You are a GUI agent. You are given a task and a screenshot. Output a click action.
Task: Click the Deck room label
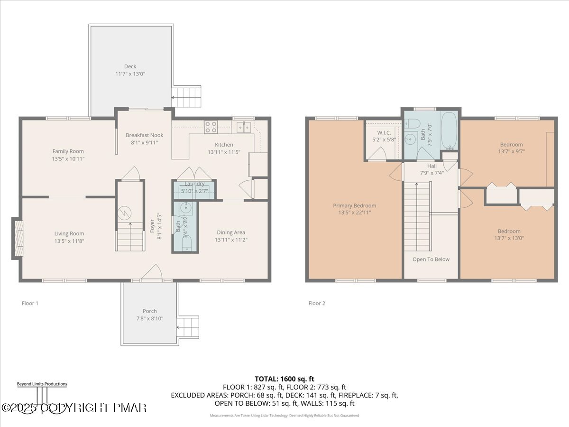[130, 66]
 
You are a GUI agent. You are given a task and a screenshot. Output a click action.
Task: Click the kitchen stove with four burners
[211, 127]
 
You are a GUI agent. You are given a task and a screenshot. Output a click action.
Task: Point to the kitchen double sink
[244, 127]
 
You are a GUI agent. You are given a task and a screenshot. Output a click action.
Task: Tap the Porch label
[150, 311]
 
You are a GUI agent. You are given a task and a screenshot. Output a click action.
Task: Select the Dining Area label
[231, 232]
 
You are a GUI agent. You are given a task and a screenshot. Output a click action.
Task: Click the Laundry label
[194, 184]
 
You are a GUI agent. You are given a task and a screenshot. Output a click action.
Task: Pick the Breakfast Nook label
[144, 135]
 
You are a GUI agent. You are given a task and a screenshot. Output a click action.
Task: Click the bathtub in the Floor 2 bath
[449, 130]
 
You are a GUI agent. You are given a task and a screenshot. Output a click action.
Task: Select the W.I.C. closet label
[384, 132]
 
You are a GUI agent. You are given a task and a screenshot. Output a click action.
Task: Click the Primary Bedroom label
[354, 205]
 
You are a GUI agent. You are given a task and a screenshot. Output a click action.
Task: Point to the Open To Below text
[431, 259]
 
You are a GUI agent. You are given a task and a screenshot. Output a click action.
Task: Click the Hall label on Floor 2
[431, 166]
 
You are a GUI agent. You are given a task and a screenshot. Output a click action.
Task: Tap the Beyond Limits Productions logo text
[42, 384]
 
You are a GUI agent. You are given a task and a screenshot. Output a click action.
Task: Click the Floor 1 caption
[30, 303]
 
